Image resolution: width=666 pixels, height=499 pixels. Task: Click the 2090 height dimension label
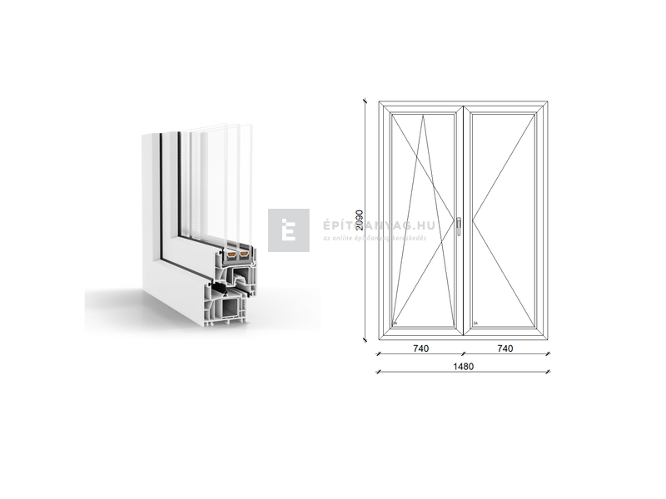[x=358, y=220]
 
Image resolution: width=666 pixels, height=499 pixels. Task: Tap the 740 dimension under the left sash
[x=420, y=348]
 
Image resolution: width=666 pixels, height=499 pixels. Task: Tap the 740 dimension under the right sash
[x=504, y=348]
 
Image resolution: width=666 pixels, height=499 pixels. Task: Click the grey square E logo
[x=288, y=230]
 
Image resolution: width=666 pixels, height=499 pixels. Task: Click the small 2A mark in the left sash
[x=395, y=324]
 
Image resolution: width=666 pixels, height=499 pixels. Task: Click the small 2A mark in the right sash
[x=475, y=324]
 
